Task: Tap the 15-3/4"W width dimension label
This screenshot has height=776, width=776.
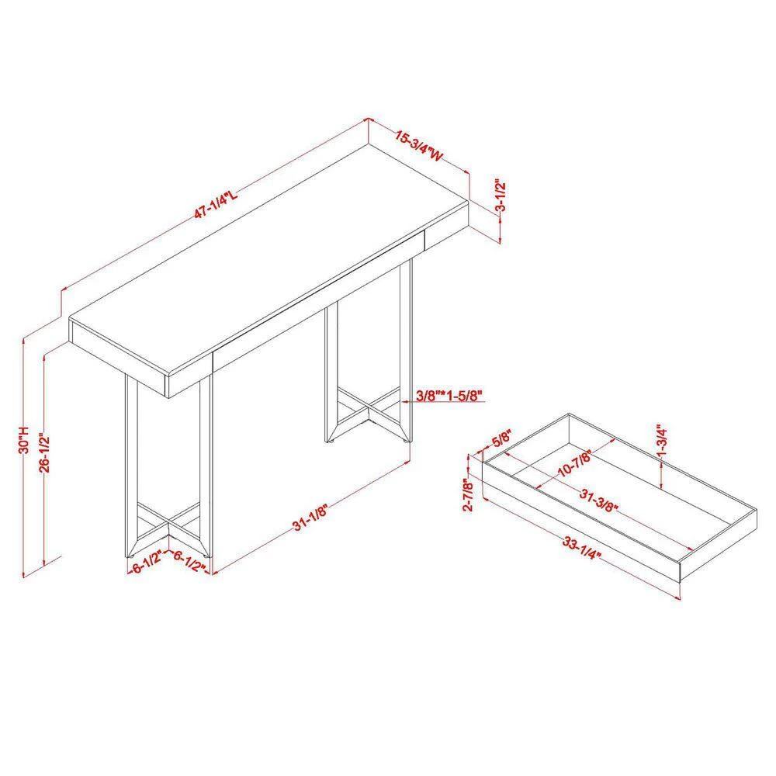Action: pos(418,145)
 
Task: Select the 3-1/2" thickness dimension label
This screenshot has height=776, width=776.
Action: pos(501,197)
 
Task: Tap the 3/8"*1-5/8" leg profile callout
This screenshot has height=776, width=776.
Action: pos(449,396)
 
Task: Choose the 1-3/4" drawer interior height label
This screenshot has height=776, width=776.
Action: pos(662,443)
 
